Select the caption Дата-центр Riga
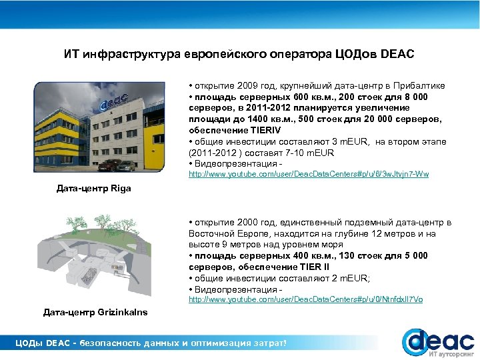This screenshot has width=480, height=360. click(x=94, y=189)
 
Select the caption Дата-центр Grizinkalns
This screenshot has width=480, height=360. click(x=95, y=312)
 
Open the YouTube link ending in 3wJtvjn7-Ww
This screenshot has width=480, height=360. click(x=309, y=175)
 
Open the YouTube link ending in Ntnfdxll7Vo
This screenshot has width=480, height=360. click(x=305, y=300)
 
